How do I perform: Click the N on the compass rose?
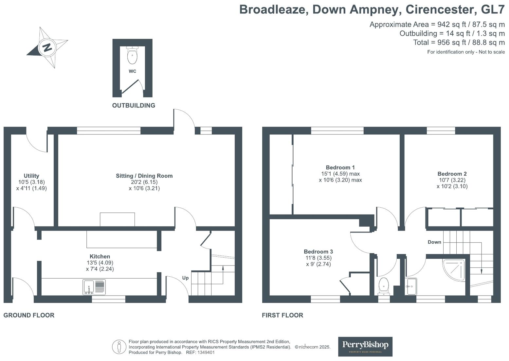[x=47, y=47]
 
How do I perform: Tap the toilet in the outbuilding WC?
[x=132, y=56]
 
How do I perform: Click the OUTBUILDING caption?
[x=134, y=105]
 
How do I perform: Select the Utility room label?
[x=31, y=176]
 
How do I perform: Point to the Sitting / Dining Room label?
[x=144, y=176]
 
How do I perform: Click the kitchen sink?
[x=94, y=287]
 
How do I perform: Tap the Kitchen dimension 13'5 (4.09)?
[x=100, y=263]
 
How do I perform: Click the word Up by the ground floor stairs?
[x=185, y=278]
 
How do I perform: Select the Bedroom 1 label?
[x=340, y=167]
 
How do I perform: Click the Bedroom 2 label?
[x=452, y=174]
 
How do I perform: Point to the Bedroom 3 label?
[x=318, y=251]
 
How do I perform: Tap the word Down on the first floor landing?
[x=434, y=242]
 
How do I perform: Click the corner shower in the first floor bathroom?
[x=454, y=269]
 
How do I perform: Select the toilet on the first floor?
[x=383, y=286]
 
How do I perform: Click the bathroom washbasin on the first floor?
[x=411, y=286]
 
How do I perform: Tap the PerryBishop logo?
[x=365, y=346]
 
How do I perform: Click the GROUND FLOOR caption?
[x=29, y=315]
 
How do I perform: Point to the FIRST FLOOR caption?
[x=282, y=315]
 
